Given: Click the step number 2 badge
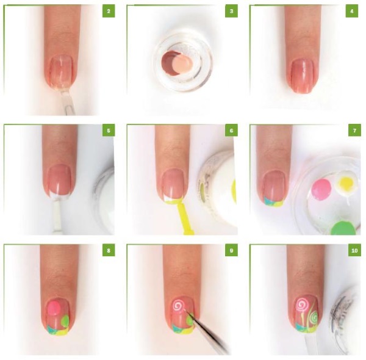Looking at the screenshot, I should pos(108,12).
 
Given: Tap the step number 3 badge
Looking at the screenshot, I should pos(231,12).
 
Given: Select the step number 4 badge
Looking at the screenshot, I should pos(351,12).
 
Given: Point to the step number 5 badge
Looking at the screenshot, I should pos(108,131).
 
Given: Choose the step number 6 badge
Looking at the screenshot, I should pos(231,131).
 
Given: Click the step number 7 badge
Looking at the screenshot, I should pos(351,131).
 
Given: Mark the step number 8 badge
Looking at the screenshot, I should pos(108,251).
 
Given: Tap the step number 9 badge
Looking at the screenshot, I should pos(231,251).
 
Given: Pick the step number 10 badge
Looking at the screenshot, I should pos(351,251).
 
